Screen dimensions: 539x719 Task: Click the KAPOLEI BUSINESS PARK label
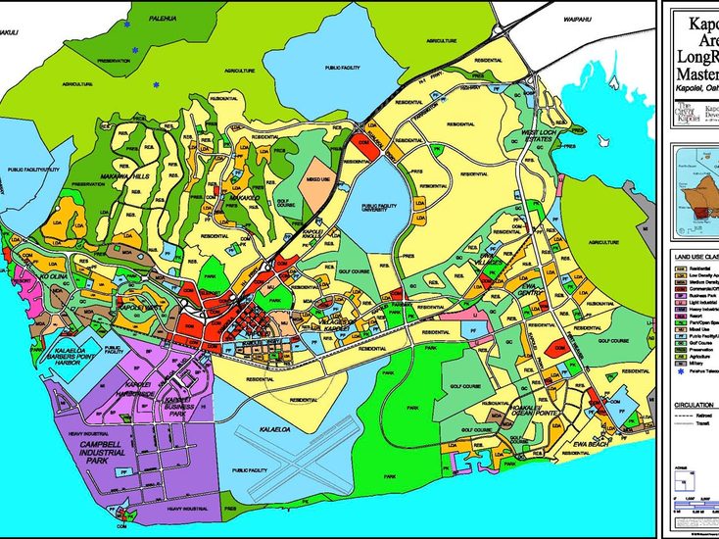176,404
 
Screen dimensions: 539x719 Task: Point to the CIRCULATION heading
694,404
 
